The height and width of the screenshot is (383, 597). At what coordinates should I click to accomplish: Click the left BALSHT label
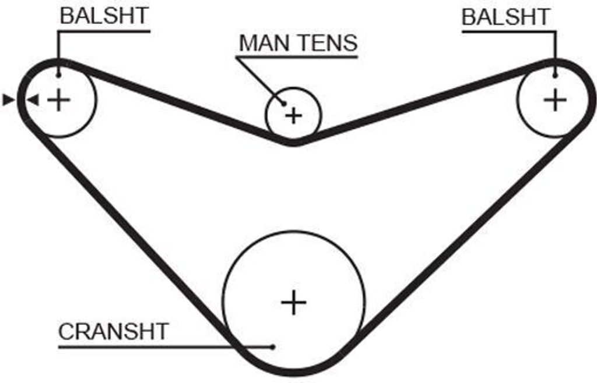coord(104,16)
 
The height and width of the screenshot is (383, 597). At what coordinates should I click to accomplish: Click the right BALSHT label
coord(505,17)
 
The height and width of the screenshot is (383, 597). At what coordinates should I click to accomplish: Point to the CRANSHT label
coord(113,332)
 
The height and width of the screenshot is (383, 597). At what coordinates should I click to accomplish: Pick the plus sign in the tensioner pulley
coord(294,115)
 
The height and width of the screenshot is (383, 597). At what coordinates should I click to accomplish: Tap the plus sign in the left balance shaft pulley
coord(58,100)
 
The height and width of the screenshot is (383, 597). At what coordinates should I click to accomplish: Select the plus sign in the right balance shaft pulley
coord(555,100)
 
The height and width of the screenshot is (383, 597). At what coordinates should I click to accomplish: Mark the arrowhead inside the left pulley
coord(33,100)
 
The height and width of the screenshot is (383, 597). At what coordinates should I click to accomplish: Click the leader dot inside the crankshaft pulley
coord(273,347)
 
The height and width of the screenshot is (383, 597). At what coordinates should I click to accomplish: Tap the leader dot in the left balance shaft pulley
coord(58,75)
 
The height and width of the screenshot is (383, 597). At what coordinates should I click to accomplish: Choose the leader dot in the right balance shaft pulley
coord(555,75)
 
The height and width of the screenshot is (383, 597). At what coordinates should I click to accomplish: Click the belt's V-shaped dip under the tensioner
coord(294,141)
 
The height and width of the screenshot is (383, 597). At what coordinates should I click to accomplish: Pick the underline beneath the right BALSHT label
coord(507,31)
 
